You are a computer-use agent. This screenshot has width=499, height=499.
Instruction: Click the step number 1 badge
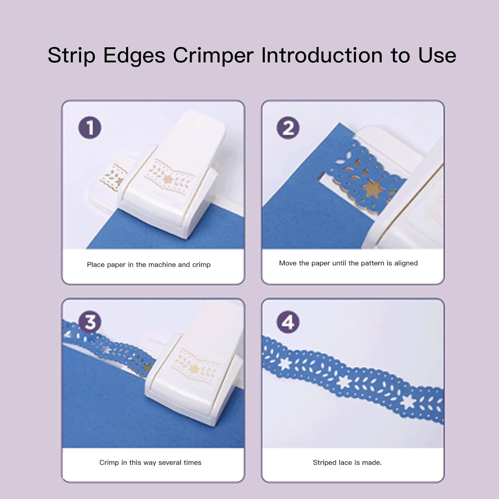(90, 128)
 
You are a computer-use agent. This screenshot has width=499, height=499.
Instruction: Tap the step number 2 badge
(288, 128)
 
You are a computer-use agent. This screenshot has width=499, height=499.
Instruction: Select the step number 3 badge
(90, 322)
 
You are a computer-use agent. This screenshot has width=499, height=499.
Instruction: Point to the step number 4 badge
(288, 322)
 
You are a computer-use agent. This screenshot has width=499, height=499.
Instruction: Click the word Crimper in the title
(213, 56)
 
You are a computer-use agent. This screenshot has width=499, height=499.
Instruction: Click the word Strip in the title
(72, 56)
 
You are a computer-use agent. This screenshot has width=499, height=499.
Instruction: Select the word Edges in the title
(134, 56)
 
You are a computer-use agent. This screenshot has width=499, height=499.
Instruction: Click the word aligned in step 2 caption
(406, 263)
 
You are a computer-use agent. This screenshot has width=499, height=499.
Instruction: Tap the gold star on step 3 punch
(193, 368)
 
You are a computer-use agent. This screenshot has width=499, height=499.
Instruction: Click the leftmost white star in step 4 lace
(284, 364)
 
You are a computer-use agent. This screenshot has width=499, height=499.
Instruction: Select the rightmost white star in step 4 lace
(408, 402)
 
